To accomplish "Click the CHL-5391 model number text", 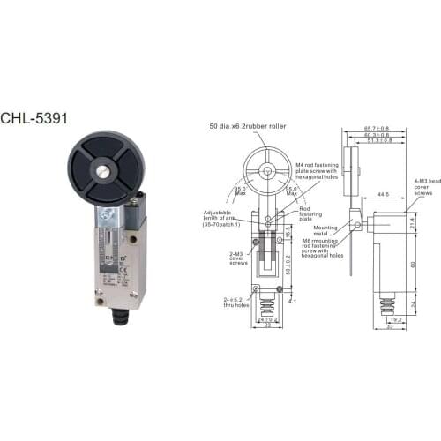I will point(34,116).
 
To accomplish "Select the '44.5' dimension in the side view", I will point(381,193).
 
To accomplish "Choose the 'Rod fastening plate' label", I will point(311,213).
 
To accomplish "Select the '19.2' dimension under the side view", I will point(395,320).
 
